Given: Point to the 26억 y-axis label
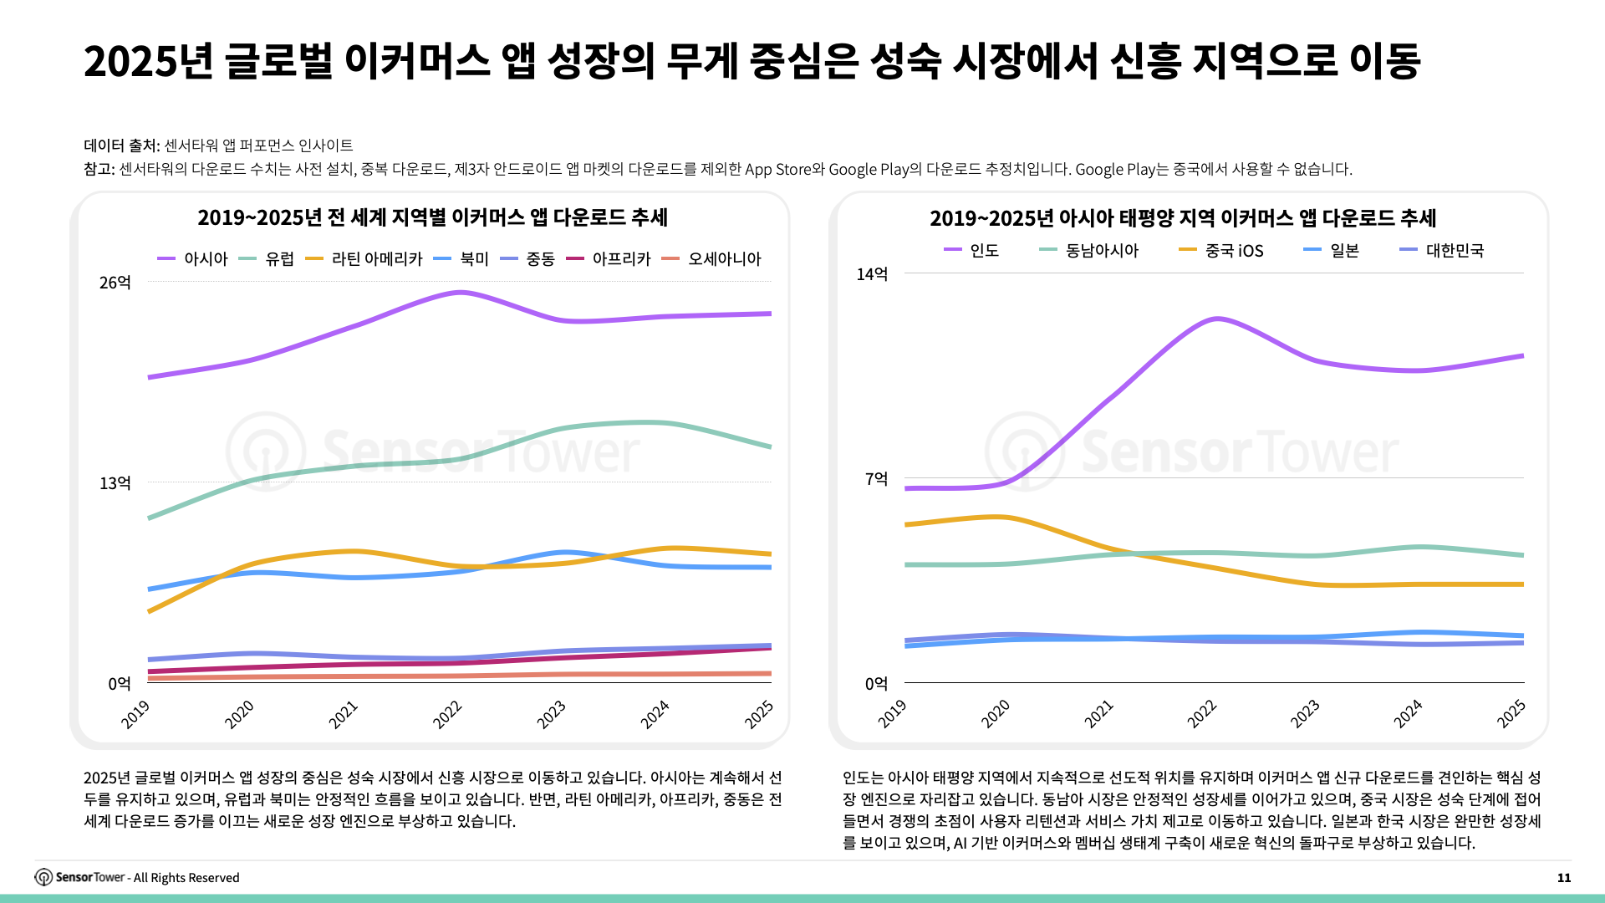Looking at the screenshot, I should coord(115,283).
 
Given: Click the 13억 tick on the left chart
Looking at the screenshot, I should coord(115,483).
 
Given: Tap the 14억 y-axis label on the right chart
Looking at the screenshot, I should coord(872,274).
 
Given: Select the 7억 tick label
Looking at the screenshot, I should coord(876,479).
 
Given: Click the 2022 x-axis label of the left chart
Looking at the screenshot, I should coord(448,715).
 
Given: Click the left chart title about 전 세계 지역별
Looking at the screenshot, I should coord(432,217).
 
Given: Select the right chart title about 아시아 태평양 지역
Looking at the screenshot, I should coord(1183,218).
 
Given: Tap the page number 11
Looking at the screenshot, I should coord(1564,878).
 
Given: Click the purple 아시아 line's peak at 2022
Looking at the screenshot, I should coord(460,293).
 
